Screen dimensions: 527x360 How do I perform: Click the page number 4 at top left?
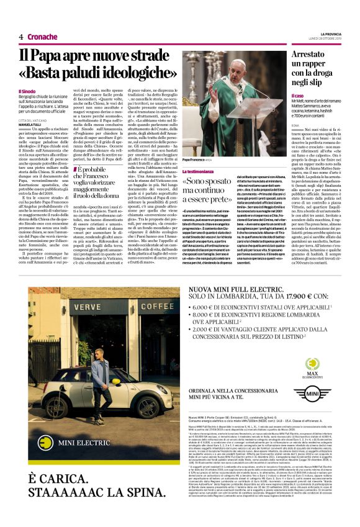pyautogui.click(x=20, y=37)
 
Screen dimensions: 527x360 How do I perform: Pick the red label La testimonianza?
pyautogui.click(x=202, y=169)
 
